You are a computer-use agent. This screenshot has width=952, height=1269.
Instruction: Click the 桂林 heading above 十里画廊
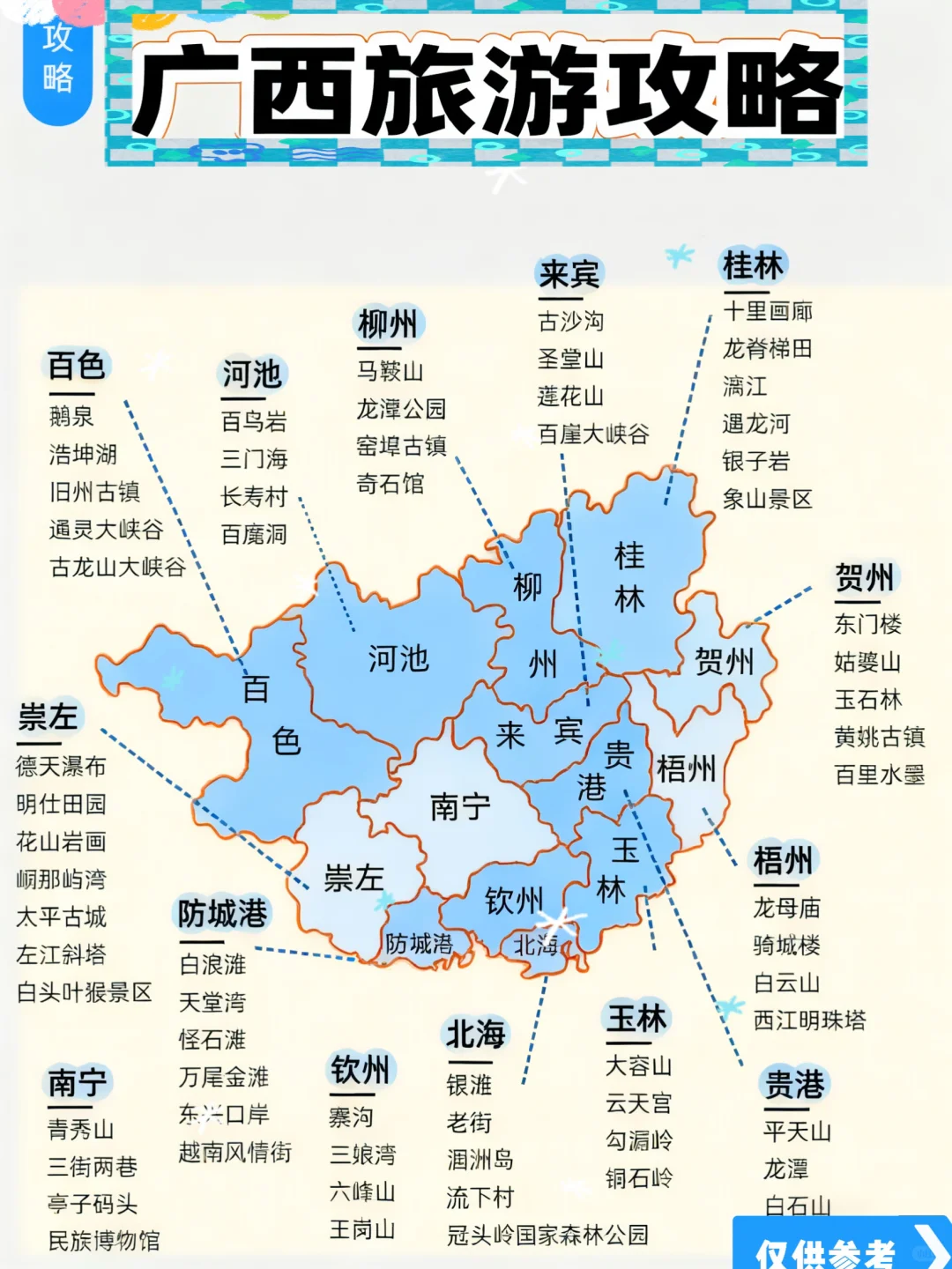(x=753, y=264)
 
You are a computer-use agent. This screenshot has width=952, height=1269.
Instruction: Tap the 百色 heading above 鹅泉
(x=77, y=365)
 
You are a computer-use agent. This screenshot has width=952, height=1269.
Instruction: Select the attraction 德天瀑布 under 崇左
(x=61, y=767)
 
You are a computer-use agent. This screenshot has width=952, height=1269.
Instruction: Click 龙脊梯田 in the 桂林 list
(x=767, y=349)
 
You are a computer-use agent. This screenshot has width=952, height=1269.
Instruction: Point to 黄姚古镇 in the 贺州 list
(x=879, y=737)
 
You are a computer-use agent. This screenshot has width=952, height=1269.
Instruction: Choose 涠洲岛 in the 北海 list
(x=480, y=1160)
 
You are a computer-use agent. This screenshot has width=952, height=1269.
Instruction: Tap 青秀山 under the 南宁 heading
(x=80, y=1130)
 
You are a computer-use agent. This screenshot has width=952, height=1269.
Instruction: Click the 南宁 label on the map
(x=460, y=806)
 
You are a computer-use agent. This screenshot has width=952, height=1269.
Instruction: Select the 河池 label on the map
(x=398, y=658)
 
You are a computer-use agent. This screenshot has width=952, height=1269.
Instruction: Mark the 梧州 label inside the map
(x=686, y=769)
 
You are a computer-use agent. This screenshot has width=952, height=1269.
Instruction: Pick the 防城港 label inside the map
(x=419, y=944)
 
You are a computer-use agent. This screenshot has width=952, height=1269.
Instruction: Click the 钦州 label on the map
(x=514, y=901)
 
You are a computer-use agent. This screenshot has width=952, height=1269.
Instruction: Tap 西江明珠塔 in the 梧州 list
(x=809, y=1020)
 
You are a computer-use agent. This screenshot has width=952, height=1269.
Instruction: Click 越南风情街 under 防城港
(x=234, y=1152)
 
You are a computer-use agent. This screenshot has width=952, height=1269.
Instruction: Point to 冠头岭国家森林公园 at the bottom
(x=547, y=1235)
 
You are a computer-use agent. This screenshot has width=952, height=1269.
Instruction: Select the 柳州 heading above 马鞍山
(x=388, y=324)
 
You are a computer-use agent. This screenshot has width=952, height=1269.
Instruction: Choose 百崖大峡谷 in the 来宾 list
(x=593, y=434)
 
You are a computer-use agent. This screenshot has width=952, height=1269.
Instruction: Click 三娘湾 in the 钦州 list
(x=362, y=1154)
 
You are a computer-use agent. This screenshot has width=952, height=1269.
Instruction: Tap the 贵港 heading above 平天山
(x=794, y=1084)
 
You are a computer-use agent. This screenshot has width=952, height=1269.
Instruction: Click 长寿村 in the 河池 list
(x=254, y=497)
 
